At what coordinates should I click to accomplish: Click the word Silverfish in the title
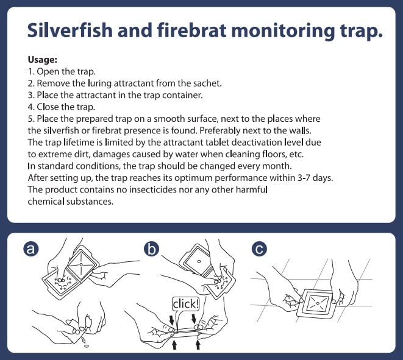click(70, 30)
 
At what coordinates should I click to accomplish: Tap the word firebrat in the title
click(191, 30)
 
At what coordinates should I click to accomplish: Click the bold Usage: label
click(43, 60)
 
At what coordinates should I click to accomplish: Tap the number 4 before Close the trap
click(30, 107)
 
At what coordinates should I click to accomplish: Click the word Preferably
click(220, 130)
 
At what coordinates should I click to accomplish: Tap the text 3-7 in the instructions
click(304, 178)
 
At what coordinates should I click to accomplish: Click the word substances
click(90, 201)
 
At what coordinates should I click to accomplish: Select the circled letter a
click(31, 249)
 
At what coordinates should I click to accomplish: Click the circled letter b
click(151, 249)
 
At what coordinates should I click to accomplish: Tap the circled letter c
click(259, 249)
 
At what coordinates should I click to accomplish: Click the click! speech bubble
click(185, 305)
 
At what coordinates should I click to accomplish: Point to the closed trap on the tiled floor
click(316, 303)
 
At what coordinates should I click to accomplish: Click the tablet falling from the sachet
click(87, 346)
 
